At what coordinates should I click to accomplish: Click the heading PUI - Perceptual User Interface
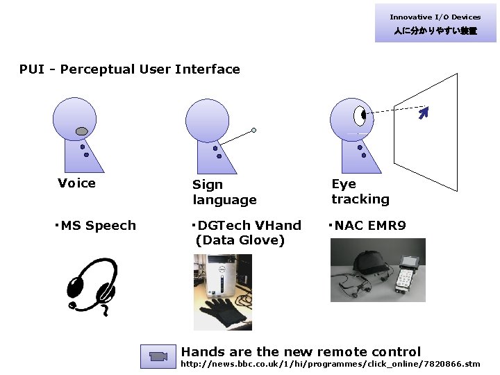tap(130, 69)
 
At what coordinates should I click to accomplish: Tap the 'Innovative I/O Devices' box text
tap(435, 17)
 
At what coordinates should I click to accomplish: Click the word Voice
tap(77, 183)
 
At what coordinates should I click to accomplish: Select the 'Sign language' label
tap(224, 192)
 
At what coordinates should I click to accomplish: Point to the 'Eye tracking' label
tap(360, 192)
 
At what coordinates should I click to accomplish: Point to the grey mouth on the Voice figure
tap(81, 131)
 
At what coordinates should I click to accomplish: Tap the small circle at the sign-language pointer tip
tap(254, 130)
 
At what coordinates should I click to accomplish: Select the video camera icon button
tap(159, 356)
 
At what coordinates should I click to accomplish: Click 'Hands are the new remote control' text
tap(301, 351)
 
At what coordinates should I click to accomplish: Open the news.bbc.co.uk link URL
tap(330, 364)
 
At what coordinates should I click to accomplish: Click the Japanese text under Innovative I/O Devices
tap(435, 31)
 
